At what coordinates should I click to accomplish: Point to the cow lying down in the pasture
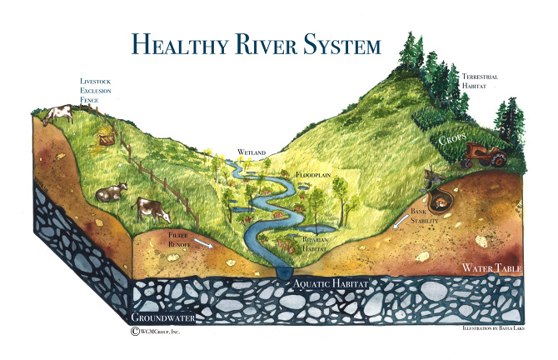[110, 194]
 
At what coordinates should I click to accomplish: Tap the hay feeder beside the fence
[106, 140]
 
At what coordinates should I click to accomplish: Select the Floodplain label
[314, 177]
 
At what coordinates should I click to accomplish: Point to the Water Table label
[491, 269]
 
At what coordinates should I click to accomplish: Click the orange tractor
[483, 153]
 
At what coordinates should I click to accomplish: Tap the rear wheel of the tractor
[496, 157]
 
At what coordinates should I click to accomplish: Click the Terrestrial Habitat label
[480, 82]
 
